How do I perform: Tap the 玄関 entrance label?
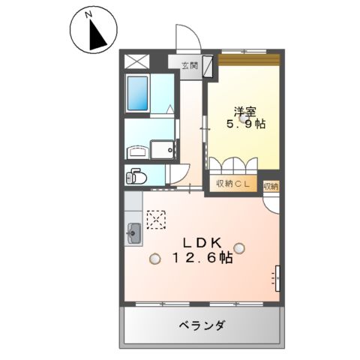[x=189, y=64]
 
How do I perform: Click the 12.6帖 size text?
[x=199, y=259]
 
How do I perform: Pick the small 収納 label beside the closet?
[x=271, y=184]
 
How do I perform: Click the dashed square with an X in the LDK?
[x=157, y=218]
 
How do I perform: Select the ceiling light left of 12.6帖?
[x=154, y=259]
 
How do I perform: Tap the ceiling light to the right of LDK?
[x=238, y=247]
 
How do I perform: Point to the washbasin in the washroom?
[x=136, y=152]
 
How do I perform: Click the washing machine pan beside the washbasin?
[x=162, y=150]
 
